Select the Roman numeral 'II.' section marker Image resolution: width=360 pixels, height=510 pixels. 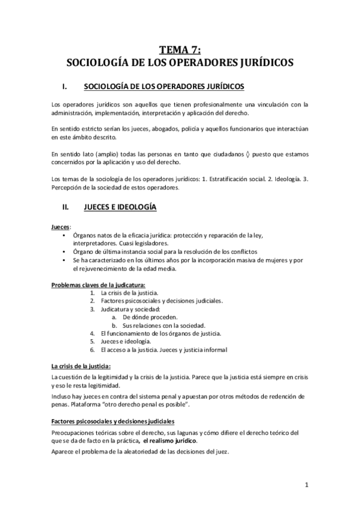coord(74,207)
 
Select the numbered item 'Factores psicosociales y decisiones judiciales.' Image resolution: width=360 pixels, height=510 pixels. coord(162,300)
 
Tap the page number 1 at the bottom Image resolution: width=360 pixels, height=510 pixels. coord(306,485)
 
